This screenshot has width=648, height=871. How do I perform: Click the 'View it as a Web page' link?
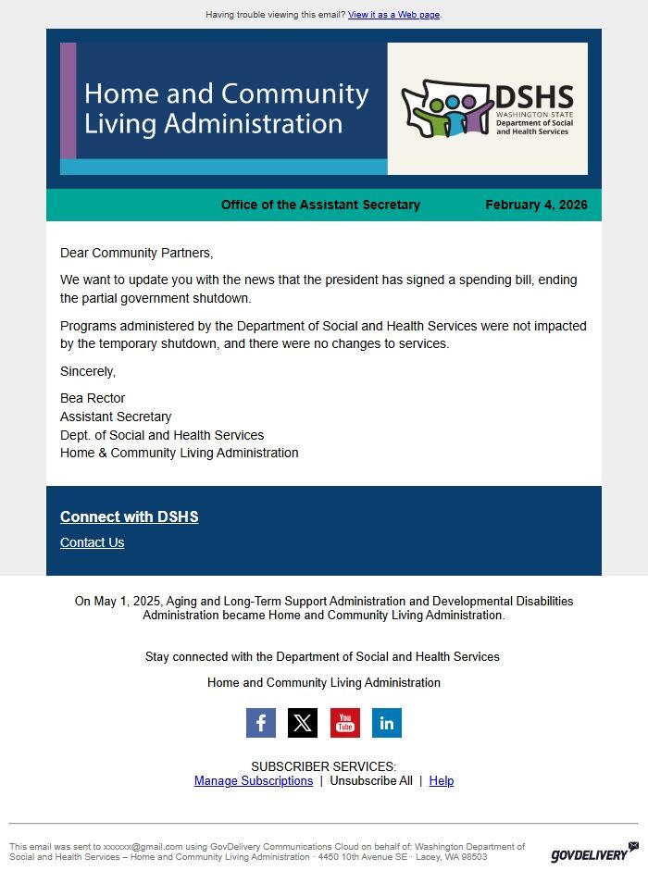coord(393,15)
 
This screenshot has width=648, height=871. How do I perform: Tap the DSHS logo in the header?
coord(488,109)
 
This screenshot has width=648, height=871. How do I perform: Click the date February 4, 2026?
coord(536,205)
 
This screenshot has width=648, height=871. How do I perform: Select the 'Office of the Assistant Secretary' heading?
coord(320,205)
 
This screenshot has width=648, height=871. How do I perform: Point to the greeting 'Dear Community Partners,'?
coord(136,253)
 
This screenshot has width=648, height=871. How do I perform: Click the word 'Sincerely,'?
coord(88,371)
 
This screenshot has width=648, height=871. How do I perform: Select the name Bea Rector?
coord(93,398)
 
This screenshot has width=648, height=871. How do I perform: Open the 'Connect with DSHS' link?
coord(129,516)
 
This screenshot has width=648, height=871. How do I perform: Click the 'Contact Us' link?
coord(92,542)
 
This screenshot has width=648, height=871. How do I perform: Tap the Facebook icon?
coord(261,723)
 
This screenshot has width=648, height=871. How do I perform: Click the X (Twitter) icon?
coord(303,723)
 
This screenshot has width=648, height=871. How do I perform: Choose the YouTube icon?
coord(345,723)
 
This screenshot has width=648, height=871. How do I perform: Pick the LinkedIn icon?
coord(387,723)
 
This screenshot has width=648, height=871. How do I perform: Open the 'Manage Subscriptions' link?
coord(254,780)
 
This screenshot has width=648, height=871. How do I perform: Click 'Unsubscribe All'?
coord(371,780)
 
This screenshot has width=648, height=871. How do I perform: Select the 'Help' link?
coord(442,780)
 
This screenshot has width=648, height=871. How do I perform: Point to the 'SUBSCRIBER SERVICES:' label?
coord(323,766)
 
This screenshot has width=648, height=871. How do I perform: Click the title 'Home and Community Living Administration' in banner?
coord(227,108)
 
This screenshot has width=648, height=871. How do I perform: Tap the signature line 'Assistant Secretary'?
coord(116,417)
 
